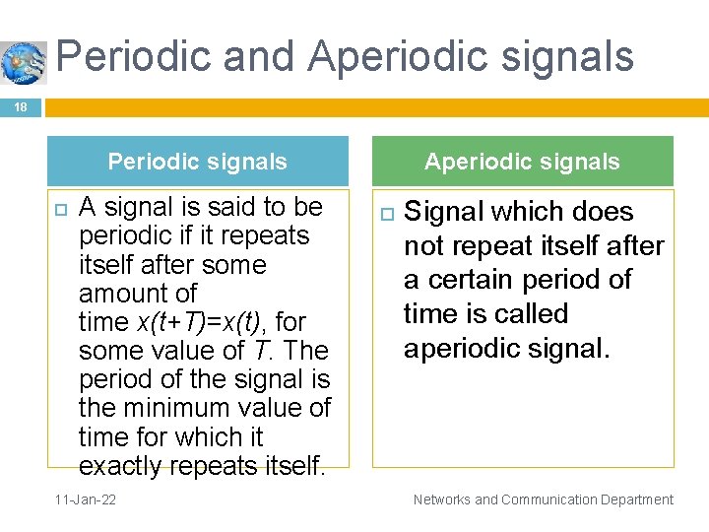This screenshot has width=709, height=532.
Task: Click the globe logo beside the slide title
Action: (24, 62)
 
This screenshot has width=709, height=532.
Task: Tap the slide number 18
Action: (21, 107)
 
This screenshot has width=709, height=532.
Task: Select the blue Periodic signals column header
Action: (198, 162)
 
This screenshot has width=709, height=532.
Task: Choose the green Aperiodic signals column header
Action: (522, 162)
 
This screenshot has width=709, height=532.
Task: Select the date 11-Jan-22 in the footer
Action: (83, 499)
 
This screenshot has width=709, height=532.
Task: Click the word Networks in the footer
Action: (442, 499)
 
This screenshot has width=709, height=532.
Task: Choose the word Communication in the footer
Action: (545, 499)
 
